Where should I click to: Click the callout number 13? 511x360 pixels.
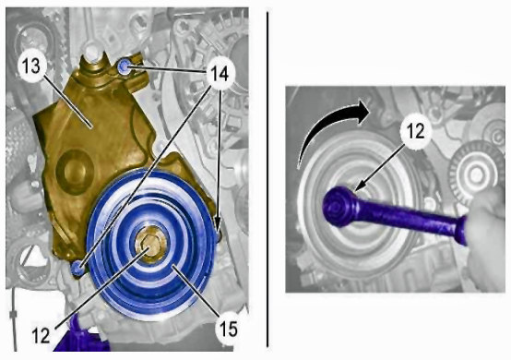coord(31,66)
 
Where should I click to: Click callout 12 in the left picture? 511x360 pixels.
coord(41,335)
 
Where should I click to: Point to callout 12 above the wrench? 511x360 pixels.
coord(415,131)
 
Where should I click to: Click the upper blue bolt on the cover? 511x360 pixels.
coord(125,66)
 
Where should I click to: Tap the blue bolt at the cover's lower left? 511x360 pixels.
coord(77,268)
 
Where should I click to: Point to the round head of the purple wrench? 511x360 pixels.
coord(339,207)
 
